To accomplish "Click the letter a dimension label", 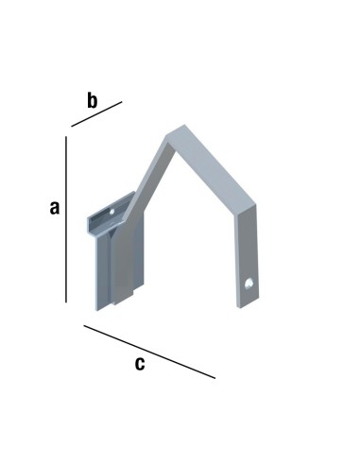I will pyautogui.click(x=55, y=209).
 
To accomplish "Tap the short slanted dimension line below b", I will pyautogui.click(x=96, y=114).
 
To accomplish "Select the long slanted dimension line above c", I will pyautogui.click(x=149, y=352).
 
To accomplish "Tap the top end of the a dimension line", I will pyautogui.click(x=66, y=137).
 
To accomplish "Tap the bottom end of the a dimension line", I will pyautogui.click(x=66, y=301).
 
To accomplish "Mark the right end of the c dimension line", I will pyautogui.click(x=215, y=378).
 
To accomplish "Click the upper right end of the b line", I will pyautogui.click(x=122, y=101).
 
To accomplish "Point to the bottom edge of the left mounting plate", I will pyautogui.click(x=117, y=307).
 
